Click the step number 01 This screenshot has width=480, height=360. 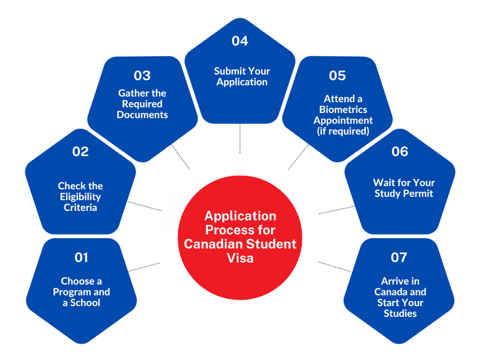pos(81,257)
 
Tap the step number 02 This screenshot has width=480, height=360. pos(81,151)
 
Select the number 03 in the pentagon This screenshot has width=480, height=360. pos(143,75)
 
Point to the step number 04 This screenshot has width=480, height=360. pos(239,41)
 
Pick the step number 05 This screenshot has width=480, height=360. pos(337,75)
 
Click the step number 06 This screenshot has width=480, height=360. pos(400,151)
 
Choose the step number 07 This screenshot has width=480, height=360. pos(399,257)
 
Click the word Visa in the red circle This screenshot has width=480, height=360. pos(241,258)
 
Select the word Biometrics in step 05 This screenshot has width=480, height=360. pos(343,110)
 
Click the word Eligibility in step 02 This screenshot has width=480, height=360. pos(80,197)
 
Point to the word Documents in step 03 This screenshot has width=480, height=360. pos(143,115)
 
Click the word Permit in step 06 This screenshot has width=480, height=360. pos(418,194)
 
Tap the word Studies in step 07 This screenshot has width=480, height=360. pos(400,314)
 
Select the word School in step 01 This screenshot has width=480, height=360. pos(85,303)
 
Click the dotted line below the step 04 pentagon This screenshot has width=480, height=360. pos(240,138)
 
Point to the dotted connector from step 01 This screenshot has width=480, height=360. pos(144,267)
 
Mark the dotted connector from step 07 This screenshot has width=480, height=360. pos(335,267)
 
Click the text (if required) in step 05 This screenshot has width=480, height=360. pos(343,132)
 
